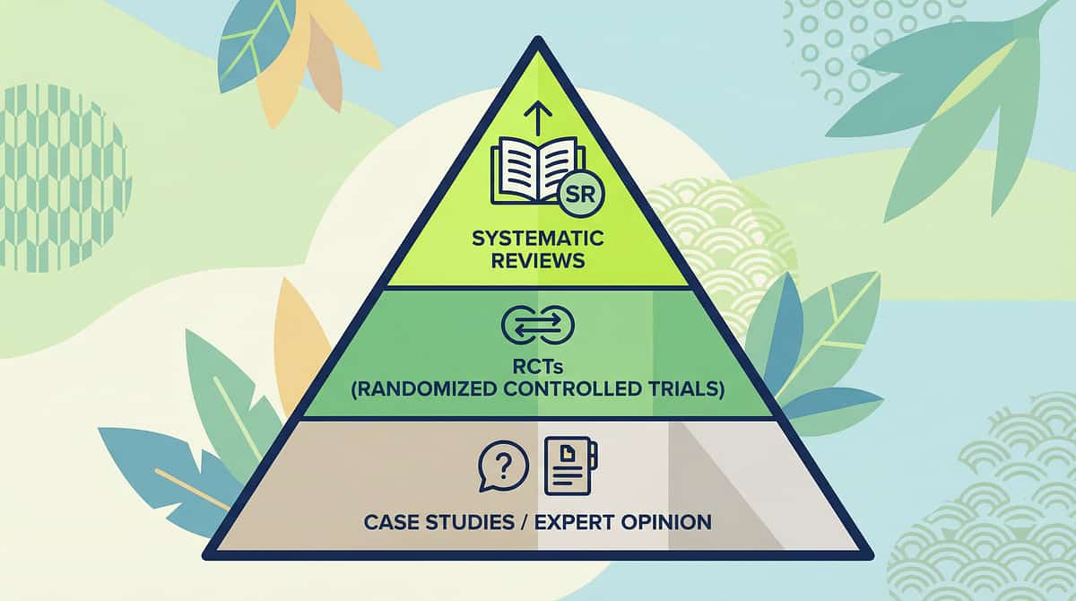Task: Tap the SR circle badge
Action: [x=580, y=193]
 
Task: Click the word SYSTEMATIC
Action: [x=538, y=240]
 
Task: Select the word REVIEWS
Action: [x=538, y=261]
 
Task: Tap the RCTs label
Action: [x=538, y=368]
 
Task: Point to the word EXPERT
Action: [x=575, y=521]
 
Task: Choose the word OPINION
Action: [x=666, y=521]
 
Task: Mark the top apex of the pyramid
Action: [x=538, y=39]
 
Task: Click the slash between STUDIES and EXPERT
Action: [x=524, y=521]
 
